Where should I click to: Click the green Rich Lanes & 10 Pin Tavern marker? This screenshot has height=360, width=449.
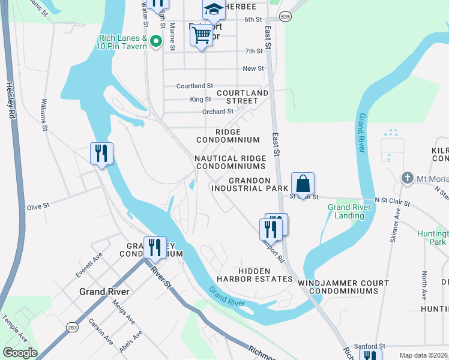click(x=156, y=41)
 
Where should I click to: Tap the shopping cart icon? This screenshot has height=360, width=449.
click(x=200, y=34)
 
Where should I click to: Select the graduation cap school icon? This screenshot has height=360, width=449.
click(x=212, y=8)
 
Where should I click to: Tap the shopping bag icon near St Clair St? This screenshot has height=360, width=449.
click(x=303, y=184)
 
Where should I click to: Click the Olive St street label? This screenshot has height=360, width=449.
click(x=37, y=207)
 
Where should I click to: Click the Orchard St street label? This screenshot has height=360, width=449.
click(x=217, y=112)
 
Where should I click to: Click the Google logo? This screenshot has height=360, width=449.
click(x=20, y=353)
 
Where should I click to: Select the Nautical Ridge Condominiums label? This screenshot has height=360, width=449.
click(x=231, y=162)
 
